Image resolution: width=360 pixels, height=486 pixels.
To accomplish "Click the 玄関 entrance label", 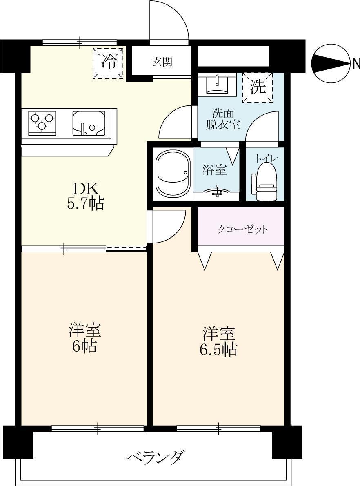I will (162, 62).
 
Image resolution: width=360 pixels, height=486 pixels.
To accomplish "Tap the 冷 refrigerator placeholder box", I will (108, 63).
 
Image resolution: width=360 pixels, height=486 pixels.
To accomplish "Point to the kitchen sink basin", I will (89, 123).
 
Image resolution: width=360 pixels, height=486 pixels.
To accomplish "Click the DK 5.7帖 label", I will (85, 196).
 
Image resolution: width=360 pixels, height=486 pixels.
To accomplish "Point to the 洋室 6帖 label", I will (84, 338).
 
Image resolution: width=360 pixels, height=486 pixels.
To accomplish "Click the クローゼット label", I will (242, 229).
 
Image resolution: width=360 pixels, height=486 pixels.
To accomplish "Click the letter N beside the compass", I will (356, 64).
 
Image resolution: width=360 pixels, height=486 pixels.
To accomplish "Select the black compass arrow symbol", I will (331, 63).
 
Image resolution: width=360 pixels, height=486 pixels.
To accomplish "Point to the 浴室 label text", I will (215, 170).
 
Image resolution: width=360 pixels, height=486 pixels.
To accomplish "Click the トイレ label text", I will (266, 158).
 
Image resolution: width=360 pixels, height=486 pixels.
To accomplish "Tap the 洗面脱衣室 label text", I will (222, 119).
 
